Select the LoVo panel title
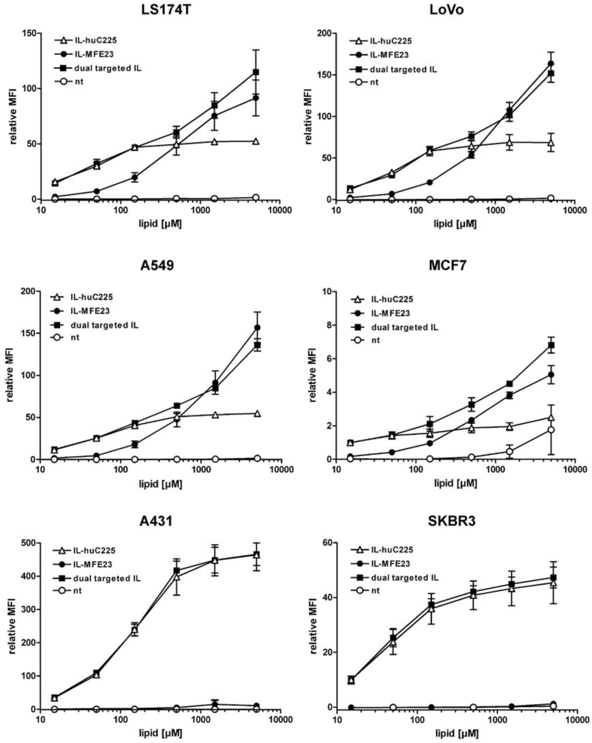(454, 11)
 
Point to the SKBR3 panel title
(454, 523)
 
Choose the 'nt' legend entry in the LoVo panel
(374, 82)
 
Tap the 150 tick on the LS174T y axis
(29, 34)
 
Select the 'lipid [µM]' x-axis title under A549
(160, 484)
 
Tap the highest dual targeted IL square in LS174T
(256, 72)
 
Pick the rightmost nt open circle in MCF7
(552, 430)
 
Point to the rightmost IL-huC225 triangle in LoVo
(552, 142)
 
